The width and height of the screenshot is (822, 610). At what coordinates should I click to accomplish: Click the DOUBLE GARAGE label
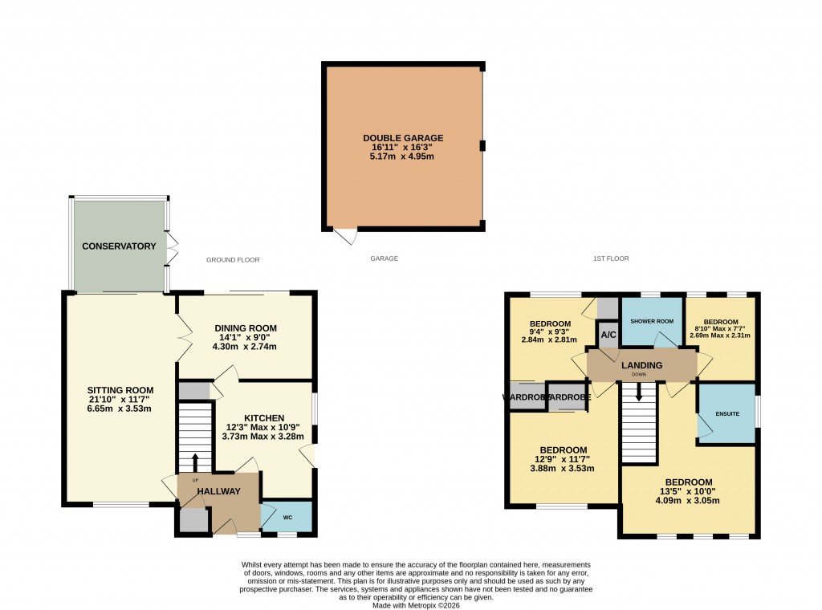pyautogui.click(x=403, y=138)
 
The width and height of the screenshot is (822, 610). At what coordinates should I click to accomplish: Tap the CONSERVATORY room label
pyautogui.click(x=119, y=246)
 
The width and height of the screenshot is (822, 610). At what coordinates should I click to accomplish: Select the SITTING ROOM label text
pyautogui.click(x=120, y=390)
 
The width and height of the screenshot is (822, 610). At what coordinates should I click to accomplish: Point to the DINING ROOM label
pyautogui.click(x=246, y=328)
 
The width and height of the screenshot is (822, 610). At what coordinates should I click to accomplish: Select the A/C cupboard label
pyautogui.click(x=608, y=335)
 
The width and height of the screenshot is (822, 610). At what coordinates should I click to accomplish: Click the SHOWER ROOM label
pyautogui.click(x=652, y=322)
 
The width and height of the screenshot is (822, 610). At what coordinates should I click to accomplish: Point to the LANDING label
pyautogui.click(x=642, y=366)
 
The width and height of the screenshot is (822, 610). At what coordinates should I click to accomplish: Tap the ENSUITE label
pyautogui.click(x=727, y=413)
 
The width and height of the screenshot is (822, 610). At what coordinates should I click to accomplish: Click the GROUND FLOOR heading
pyautogui.click(x=233, y=260)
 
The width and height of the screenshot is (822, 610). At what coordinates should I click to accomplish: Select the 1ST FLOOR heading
pyautogui.click(x=611, y=259)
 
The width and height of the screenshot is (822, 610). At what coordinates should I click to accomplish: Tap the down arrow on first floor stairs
pyautogui.click(x=639, y=392)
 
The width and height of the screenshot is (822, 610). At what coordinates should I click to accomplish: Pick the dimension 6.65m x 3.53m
pyautogui.click(x=120, y=409)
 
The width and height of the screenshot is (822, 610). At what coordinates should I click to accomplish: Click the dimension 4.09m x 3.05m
pyautogui.click(x=688, y=501)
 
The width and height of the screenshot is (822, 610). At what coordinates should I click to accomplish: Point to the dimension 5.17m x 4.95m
pyautogui.click(x=403, y=157)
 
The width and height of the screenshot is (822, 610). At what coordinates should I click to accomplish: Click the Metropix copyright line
pyautogui.click(x=417, y=605)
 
